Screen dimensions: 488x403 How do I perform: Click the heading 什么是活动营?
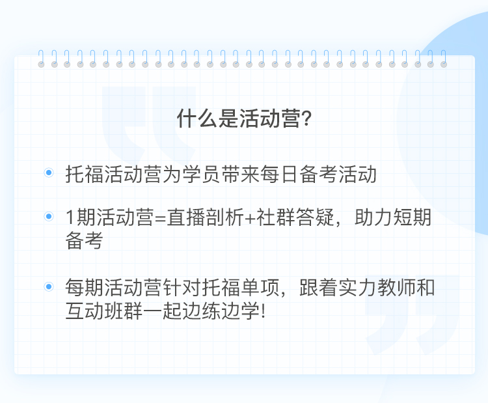point(244,118)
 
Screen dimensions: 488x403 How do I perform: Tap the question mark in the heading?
point(307,118)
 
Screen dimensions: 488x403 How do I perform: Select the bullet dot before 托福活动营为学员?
point(49,173)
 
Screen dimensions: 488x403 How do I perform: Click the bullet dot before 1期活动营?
point(49,216)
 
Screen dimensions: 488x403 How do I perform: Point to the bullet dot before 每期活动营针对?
point(49,286)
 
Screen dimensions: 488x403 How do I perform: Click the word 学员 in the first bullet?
point(201,174)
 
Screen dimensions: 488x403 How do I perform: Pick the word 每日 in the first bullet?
point(279,174)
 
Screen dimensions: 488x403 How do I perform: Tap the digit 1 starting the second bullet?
point(70,217)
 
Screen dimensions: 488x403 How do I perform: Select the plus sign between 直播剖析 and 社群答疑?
point(250,218)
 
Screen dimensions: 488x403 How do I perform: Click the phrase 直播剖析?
point(205,217)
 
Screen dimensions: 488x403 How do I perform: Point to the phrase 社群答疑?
point(295,217)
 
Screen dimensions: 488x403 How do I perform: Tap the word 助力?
point(373,217)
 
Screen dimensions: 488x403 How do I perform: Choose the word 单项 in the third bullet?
point(260,287)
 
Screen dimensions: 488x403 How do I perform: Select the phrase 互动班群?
point(104,311)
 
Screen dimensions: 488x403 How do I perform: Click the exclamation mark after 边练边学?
point(264,311)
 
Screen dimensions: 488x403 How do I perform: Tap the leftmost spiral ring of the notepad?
point(41,59)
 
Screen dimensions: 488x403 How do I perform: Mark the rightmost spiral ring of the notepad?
point(444,59)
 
